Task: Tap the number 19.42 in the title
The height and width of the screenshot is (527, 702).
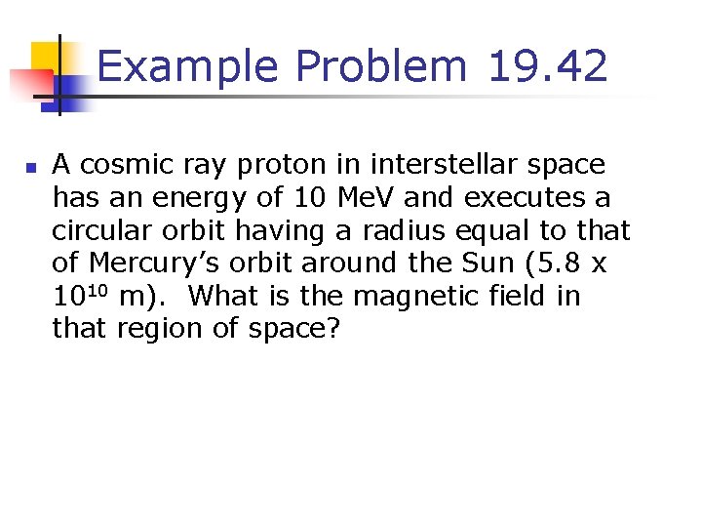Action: pos(549,67)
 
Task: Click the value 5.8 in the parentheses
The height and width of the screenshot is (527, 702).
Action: pos(563,263)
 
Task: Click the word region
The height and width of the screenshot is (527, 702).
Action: pos(156,330)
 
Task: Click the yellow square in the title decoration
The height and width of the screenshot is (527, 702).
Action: pos(48,59)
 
